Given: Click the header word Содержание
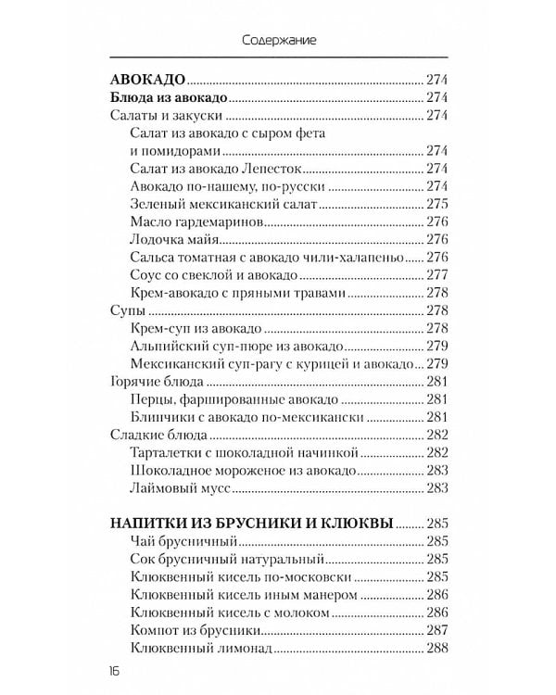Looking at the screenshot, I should [279, 41].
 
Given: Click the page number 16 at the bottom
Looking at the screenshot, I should [115, 670].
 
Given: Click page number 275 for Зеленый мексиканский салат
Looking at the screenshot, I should [437, 204].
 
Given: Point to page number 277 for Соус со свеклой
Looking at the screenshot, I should [437, 274].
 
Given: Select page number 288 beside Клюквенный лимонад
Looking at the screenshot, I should [437, 647].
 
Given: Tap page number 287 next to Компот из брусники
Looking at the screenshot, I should [437, 629].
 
